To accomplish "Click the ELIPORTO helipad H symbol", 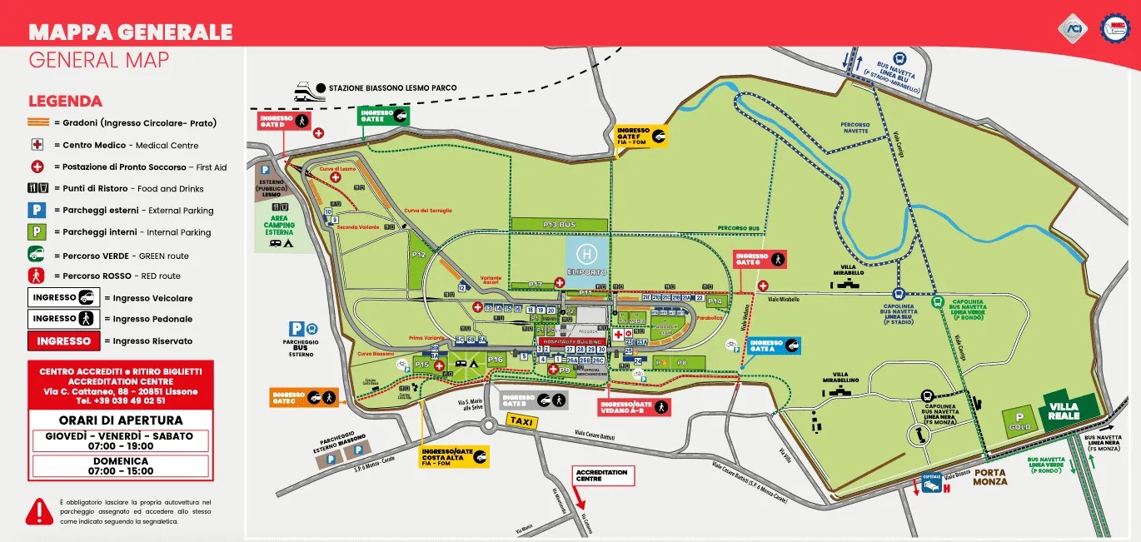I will tap(587, 252).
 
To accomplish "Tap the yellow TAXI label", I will tap(521, 421).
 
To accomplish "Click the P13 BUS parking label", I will tap(559, 225).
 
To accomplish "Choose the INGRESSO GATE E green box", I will tap(383, 116).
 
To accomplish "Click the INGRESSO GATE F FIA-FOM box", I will tap(641, 136).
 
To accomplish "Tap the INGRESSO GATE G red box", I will tap(760, 260).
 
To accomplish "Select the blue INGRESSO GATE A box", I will tap(774, 346).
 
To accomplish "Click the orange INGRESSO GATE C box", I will tap(304, 397).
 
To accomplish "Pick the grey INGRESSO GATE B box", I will tap(534, 400).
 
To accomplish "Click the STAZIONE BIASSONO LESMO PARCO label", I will tap(392, 87).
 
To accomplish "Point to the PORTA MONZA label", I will tap(989, 477).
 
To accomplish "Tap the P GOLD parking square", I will tap(1019, 420).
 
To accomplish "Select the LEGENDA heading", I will tap(65, 102).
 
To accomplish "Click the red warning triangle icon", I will tap(39, 511).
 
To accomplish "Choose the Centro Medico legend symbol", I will tap(37, 145).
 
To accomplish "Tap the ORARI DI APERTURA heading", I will tap(121, 420).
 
